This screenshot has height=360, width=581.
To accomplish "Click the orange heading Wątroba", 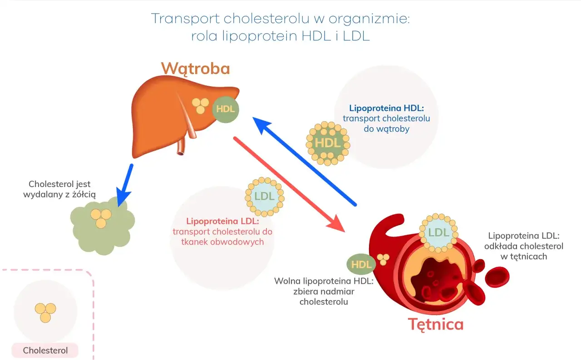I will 195,69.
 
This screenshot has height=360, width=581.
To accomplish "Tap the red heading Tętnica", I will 436,324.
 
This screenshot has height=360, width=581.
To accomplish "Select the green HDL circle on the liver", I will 226,109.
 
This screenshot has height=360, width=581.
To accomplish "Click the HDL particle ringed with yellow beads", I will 327,143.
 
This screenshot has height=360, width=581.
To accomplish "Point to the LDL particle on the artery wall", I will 438,233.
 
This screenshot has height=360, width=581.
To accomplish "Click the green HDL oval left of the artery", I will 361,265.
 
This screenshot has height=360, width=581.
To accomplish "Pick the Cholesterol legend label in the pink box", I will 45,350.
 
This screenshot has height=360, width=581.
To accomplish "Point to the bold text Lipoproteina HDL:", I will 386,108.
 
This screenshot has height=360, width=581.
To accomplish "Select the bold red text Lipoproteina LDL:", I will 222,222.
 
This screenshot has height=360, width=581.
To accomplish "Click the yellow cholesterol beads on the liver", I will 200,106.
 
